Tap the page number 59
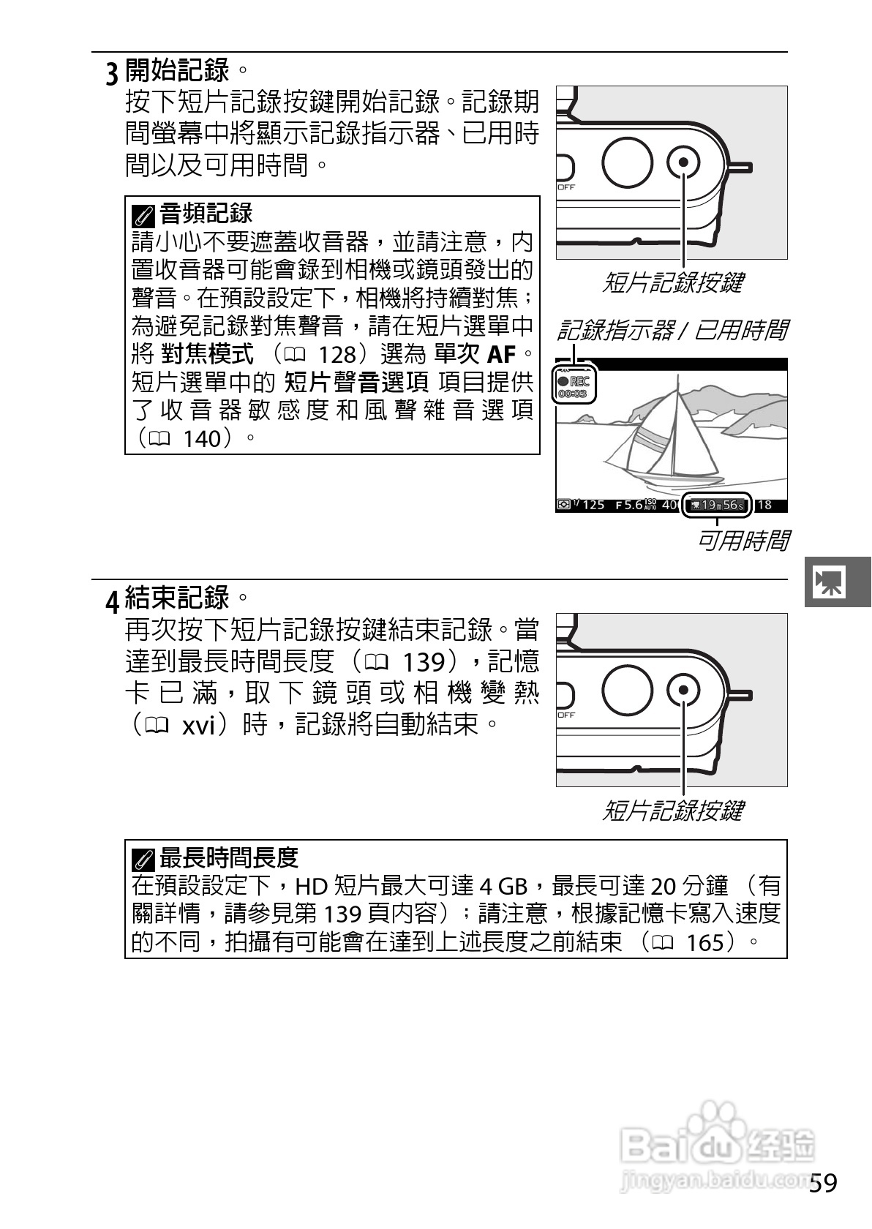tap(824, 1183)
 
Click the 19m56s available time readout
tap(717, 505)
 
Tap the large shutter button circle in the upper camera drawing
tap(628, 162)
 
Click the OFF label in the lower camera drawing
tap(567, 715)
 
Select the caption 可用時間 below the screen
tap(743, 541)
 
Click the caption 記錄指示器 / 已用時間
tap(672, 331)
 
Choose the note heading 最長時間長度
tap(229, 857)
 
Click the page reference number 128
tap(337, 355)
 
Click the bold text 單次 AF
tap(476, 355)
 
